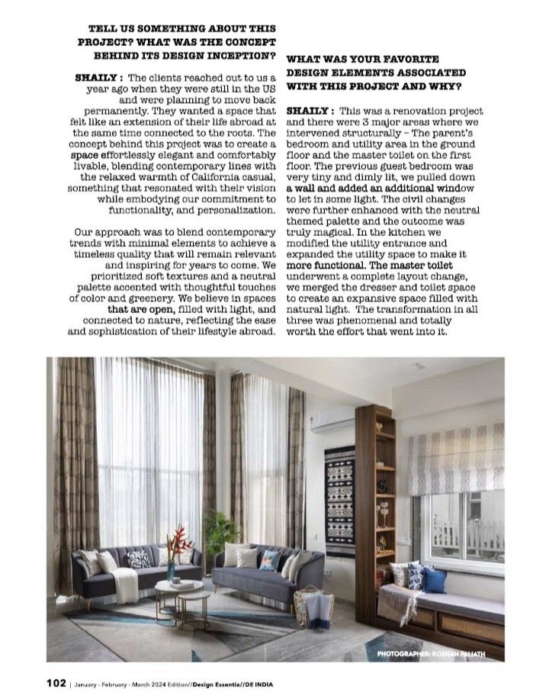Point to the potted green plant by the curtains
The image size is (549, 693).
(220, 531)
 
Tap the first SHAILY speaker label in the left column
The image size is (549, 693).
(99, 78)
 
